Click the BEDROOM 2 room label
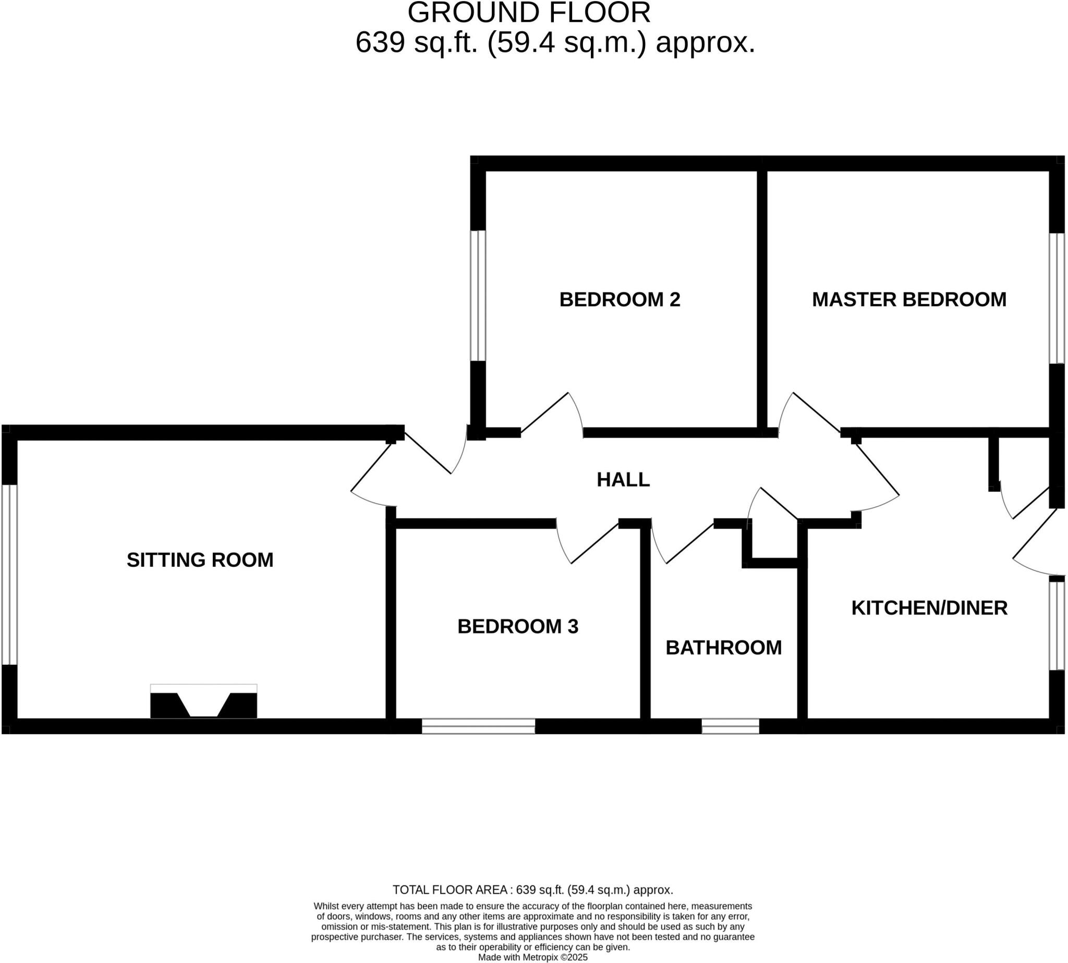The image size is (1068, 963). pyautogui.click(x=619, y=299)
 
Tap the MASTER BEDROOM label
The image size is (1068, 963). pyautogui.click(x=909, y=299)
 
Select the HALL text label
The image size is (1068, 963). pyautogui.click(x=623, y=479)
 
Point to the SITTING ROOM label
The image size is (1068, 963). pyautogui.click(x=200, y=560)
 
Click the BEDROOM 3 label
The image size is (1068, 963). pyautogui.click(x=518, y=627)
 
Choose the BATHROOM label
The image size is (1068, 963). pyautogui.click(x=723, y=648)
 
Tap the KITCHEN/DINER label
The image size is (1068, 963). pyautogui.click(x=929, y=608)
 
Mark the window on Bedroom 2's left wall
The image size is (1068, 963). pyautogui.click(x=478, y=296)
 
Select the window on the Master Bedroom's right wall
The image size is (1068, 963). pyautogui.click(x=1057, y=298)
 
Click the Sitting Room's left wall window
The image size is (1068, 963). pyautogui.click(x=9, y=575)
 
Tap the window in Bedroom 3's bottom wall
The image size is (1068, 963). pyautogui.click(x=478, y=726)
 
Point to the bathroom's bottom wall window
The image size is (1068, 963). pyautogui.click(x=731, y=726)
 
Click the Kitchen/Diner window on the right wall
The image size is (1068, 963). pyautogui.click(x=1057, y=626)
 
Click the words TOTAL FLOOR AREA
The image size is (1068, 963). pyautogui.click(x=450, y=889)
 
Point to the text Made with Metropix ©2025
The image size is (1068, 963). pyautogui.click(x=532, y=957)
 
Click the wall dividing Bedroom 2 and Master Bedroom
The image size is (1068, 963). pyautogui.click(x=761, y=299)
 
